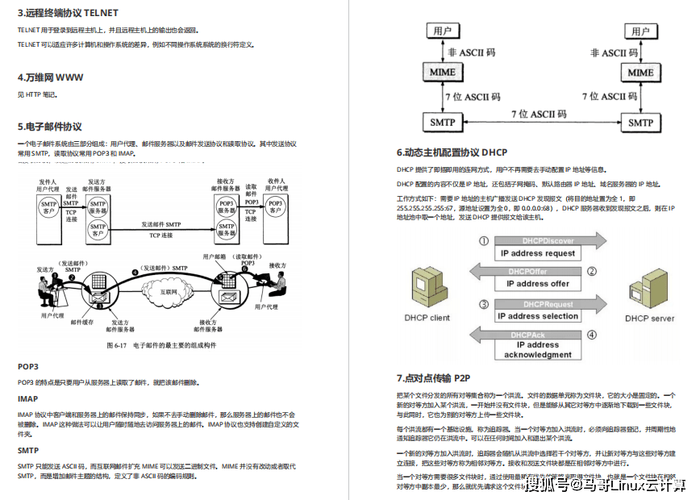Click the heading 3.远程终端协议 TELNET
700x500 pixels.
[68, 13]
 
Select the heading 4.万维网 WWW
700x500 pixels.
[50, 77]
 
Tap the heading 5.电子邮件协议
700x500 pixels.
[50, 127]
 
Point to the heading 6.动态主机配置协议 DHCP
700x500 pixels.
[452, 152]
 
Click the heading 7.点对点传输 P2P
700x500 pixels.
[433, 377]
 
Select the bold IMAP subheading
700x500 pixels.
[28, 398]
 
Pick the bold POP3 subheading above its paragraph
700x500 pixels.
[28, 366]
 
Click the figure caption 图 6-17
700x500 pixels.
[162, 344]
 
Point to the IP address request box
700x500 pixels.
[538, 253]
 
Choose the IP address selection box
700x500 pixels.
[538, 316]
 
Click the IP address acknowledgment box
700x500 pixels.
[538, 350]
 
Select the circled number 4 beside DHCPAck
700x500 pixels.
[591, 335]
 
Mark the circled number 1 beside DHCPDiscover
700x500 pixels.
[484, 241]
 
